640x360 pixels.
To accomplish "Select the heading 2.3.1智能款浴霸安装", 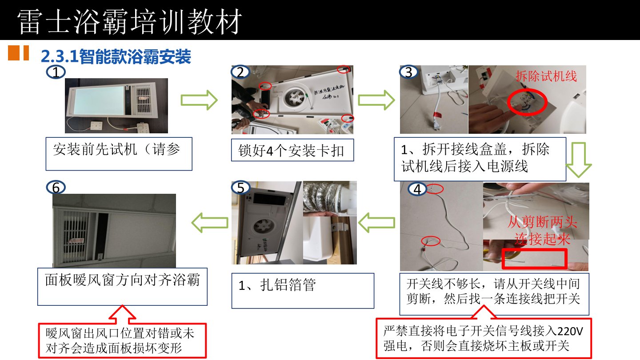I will coord(116,56).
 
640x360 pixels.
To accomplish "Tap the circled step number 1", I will coord(56,72).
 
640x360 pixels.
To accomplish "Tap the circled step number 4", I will coord(417,189).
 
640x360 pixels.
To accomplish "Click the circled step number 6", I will coord(56,188).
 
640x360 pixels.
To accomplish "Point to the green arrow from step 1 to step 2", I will coord(199,101).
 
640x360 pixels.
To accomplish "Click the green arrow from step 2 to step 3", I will coord(376,100).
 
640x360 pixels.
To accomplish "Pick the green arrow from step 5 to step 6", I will coord(210,221).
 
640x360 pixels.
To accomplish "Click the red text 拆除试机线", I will coord(546,76).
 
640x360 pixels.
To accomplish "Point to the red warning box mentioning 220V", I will coord(484,338).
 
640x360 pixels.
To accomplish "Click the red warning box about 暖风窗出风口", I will coord(122,340).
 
